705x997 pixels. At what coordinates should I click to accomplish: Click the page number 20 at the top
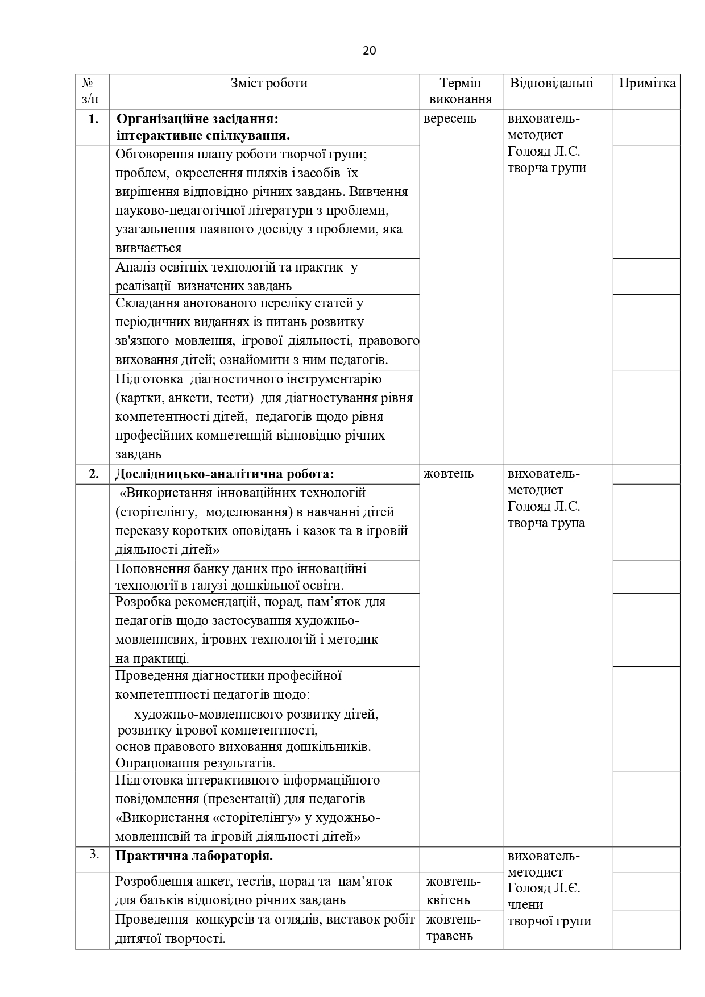tap(369, 51)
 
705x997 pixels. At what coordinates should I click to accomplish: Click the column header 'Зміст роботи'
tap(269, 84)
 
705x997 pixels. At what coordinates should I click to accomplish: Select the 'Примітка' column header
tap(647, 84)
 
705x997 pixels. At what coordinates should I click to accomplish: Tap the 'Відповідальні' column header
tap(551, 84)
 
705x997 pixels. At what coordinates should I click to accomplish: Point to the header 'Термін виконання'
tap(461, 91)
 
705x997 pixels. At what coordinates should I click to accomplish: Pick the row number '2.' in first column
tap(94, 474)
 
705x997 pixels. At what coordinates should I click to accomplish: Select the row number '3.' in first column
tap(94, 854)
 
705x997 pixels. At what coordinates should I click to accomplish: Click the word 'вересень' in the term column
tap(450, 119)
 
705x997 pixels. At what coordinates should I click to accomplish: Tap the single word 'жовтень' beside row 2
tap(449, 474)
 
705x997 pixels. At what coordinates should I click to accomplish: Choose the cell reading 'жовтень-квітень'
tap(453, 891)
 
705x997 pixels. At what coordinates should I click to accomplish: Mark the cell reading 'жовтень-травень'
tap(453, 928)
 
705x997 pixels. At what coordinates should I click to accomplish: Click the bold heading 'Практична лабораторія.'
tap(194, 856)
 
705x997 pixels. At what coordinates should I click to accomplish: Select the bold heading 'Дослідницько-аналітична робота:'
tap(225, 474)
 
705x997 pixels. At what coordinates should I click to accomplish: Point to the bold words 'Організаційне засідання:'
tap(197, 119)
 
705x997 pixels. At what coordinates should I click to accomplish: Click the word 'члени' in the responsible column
tap(525, 904)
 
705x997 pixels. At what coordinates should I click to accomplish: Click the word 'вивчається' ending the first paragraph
tap(148, 248)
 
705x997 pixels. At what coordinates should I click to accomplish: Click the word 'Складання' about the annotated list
tap(144, 303)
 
